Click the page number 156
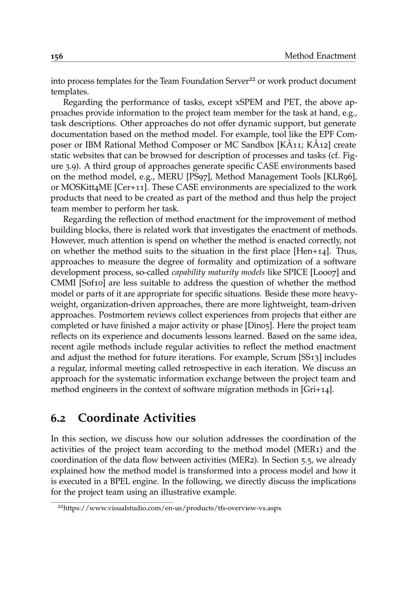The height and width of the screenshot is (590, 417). pos(57,56)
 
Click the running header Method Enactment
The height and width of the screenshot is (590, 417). pos(320,56)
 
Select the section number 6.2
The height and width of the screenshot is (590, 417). pos(60,418)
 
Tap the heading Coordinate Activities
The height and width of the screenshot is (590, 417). pos(137,418)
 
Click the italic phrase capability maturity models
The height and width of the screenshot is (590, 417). pos(220,273)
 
